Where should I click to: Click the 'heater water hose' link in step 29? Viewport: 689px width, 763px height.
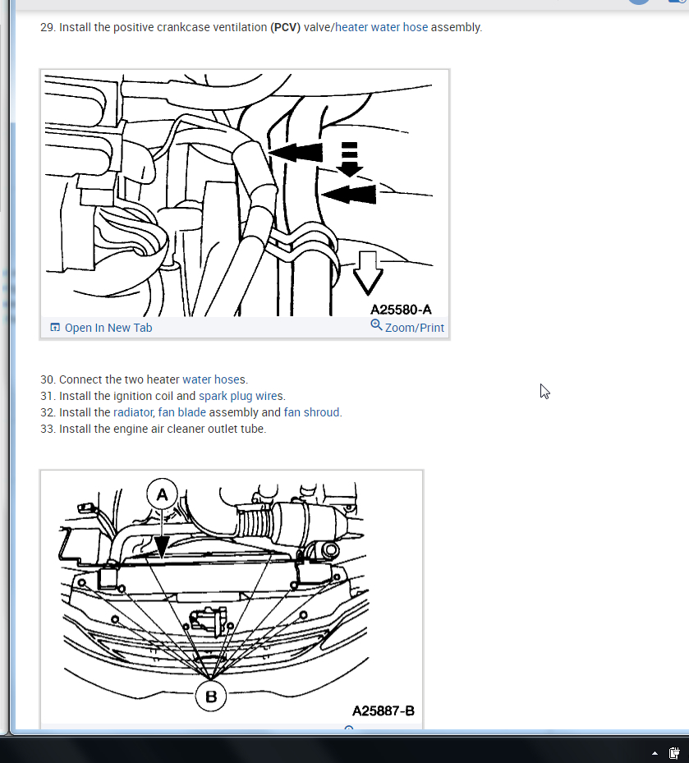pos(382,27)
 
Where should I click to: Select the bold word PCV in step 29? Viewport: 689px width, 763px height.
pos(285,27)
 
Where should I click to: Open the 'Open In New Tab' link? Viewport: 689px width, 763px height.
pos(108,328)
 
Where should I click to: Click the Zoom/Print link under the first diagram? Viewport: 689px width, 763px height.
pos(415,328)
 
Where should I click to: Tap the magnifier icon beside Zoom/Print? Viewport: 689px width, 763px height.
pos(376,325)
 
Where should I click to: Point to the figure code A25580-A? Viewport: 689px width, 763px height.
pos(401,310)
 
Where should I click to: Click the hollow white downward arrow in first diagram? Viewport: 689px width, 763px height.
pos(367,273)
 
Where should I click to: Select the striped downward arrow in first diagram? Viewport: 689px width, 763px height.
pos(349,159)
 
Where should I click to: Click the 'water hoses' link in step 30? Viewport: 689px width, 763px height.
pos(214,379)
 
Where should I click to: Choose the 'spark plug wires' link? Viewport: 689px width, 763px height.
pos(241,396)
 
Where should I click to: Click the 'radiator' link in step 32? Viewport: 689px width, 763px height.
pos(133,412)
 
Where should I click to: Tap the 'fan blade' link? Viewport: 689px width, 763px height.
pos(182,412)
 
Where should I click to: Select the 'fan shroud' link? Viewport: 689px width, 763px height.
pos(311,412)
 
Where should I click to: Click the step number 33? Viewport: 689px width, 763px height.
pos(47,430)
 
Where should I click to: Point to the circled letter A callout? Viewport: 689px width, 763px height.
pos(162,494)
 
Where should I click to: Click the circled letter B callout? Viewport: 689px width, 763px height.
pos(211,696)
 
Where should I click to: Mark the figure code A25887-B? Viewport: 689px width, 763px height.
pos(384,711)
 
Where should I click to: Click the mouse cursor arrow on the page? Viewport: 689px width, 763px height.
pos(544,391)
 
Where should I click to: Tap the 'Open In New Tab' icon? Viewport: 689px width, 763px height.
pos(55,328)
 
